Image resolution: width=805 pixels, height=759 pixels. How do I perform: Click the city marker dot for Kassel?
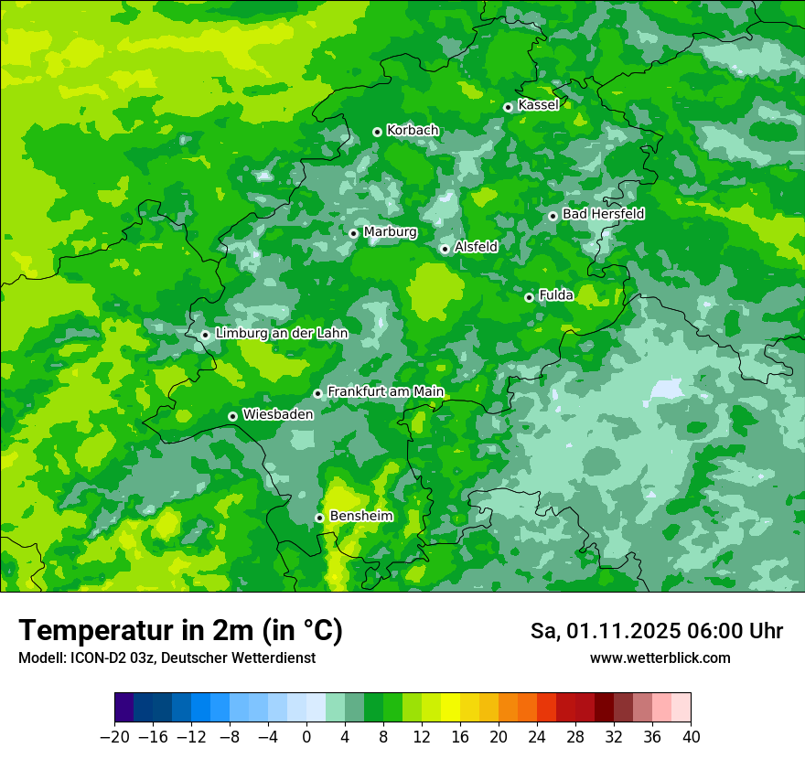click(x=508, y=107)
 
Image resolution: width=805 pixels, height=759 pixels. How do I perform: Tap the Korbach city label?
click(x=413, y=131)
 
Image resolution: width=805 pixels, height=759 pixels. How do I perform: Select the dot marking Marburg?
click(x=353, y=233)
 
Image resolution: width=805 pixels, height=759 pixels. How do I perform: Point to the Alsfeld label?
click(x=476, y=247)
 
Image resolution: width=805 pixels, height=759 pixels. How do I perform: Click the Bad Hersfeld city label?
click(x=603, y=214)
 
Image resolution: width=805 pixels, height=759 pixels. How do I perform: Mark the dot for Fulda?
click(x=529, y=297)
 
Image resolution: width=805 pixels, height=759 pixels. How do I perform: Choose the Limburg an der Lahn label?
click(x=282, y=334)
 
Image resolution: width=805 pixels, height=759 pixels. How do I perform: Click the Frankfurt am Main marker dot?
click(x=317, y=393)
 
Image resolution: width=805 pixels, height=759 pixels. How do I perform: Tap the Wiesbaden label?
click(x=278, y=414)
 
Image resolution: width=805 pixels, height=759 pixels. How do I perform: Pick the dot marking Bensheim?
click(x=319, y=518)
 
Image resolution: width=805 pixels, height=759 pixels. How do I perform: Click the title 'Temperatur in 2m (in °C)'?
click(x=180, y=631)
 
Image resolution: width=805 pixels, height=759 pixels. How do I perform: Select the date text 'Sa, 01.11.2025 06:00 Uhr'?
click(x=657, y=631)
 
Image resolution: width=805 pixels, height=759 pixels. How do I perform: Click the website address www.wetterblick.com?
click(x=660, y=658)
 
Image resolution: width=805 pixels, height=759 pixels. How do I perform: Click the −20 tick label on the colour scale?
click(x=114, y=736)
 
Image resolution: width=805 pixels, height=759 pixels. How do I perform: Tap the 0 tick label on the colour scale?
click(x=306, y=736)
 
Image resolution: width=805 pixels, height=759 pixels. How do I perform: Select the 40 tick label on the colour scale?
click(x=691, y=736)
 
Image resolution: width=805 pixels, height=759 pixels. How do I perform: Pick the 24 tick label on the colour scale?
click(x=537, y=736)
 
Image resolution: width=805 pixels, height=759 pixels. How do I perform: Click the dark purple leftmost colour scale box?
click(x=124, y=708)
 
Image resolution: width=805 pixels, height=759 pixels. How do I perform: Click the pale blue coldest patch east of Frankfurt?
click(x=667, y=389)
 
